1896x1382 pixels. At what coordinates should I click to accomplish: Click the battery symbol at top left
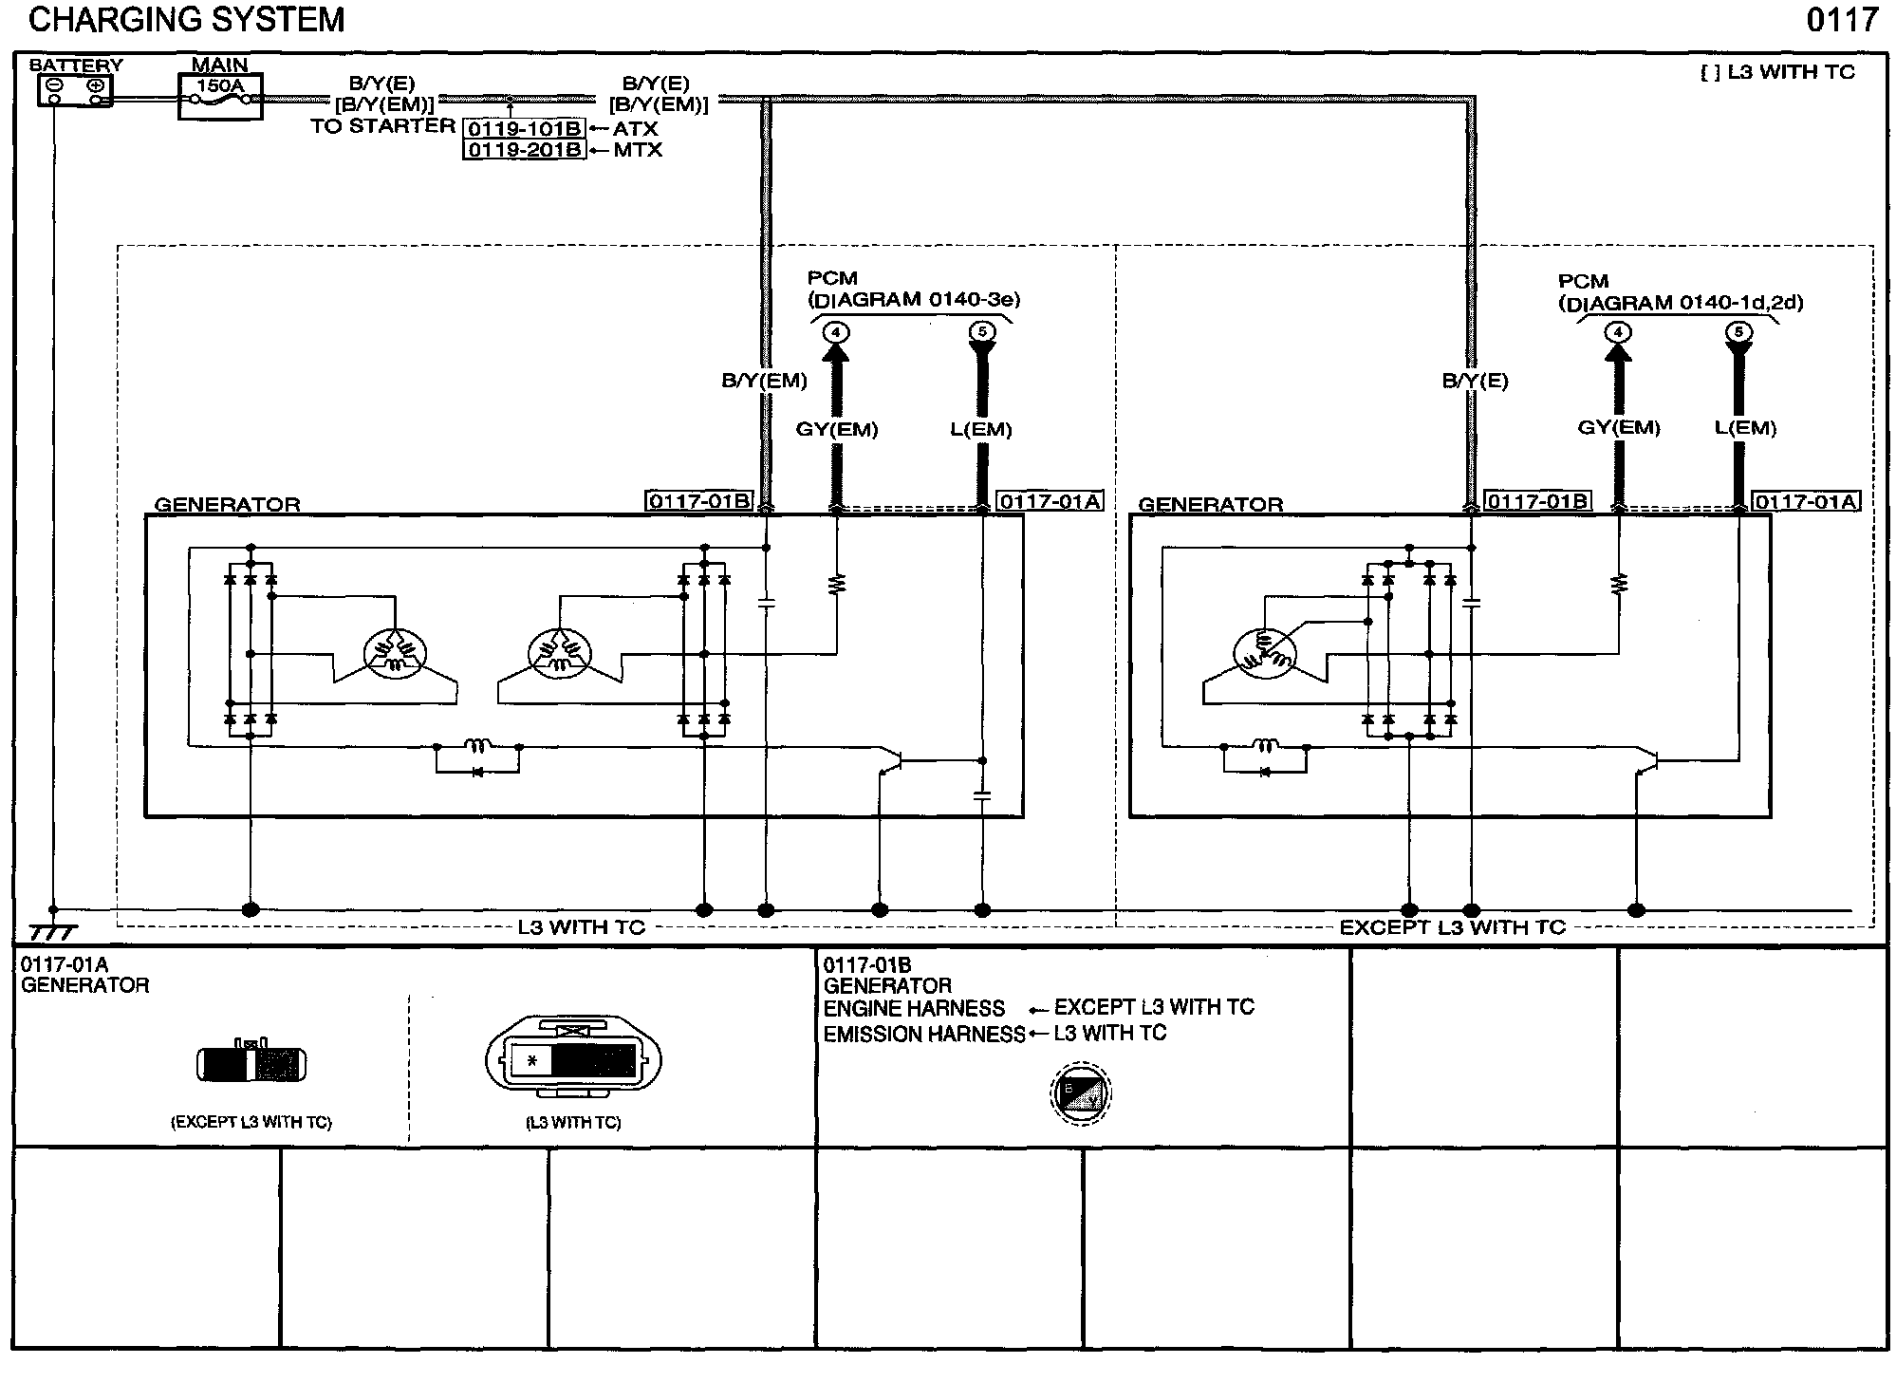point(75,91)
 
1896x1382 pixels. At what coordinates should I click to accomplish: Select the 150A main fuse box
point(220,96)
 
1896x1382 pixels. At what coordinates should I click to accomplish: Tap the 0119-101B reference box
point(524,129)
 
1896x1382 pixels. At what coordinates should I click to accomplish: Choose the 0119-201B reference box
point(524,150)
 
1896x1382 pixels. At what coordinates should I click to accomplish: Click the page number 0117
point(1842,20)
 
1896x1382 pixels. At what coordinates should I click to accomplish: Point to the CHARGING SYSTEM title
point(187,20)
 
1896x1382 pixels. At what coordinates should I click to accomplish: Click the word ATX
point(635,129)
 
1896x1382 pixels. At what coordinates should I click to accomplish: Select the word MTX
point(638,150)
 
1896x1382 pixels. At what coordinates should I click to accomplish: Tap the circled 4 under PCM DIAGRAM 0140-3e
point(836,332)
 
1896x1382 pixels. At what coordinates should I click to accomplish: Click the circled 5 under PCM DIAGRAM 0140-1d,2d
point(1738,332)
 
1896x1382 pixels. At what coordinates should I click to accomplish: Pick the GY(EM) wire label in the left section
point(836,430)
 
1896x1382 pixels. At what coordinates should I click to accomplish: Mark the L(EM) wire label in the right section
point(1745,428)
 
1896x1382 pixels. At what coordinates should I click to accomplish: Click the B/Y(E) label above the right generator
point(1475,382)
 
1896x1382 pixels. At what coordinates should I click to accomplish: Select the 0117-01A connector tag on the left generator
point(1050,501)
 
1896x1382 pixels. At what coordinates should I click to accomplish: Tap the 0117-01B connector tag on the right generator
point(1537,501)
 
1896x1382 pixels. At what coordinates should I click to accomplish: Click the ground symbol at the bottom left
point(52,932)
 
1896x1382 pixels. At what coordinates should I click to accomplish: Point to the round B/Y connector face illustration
point(1081,1093)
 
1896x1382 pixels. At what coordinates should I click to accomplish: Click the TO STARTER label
point(382,126)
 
